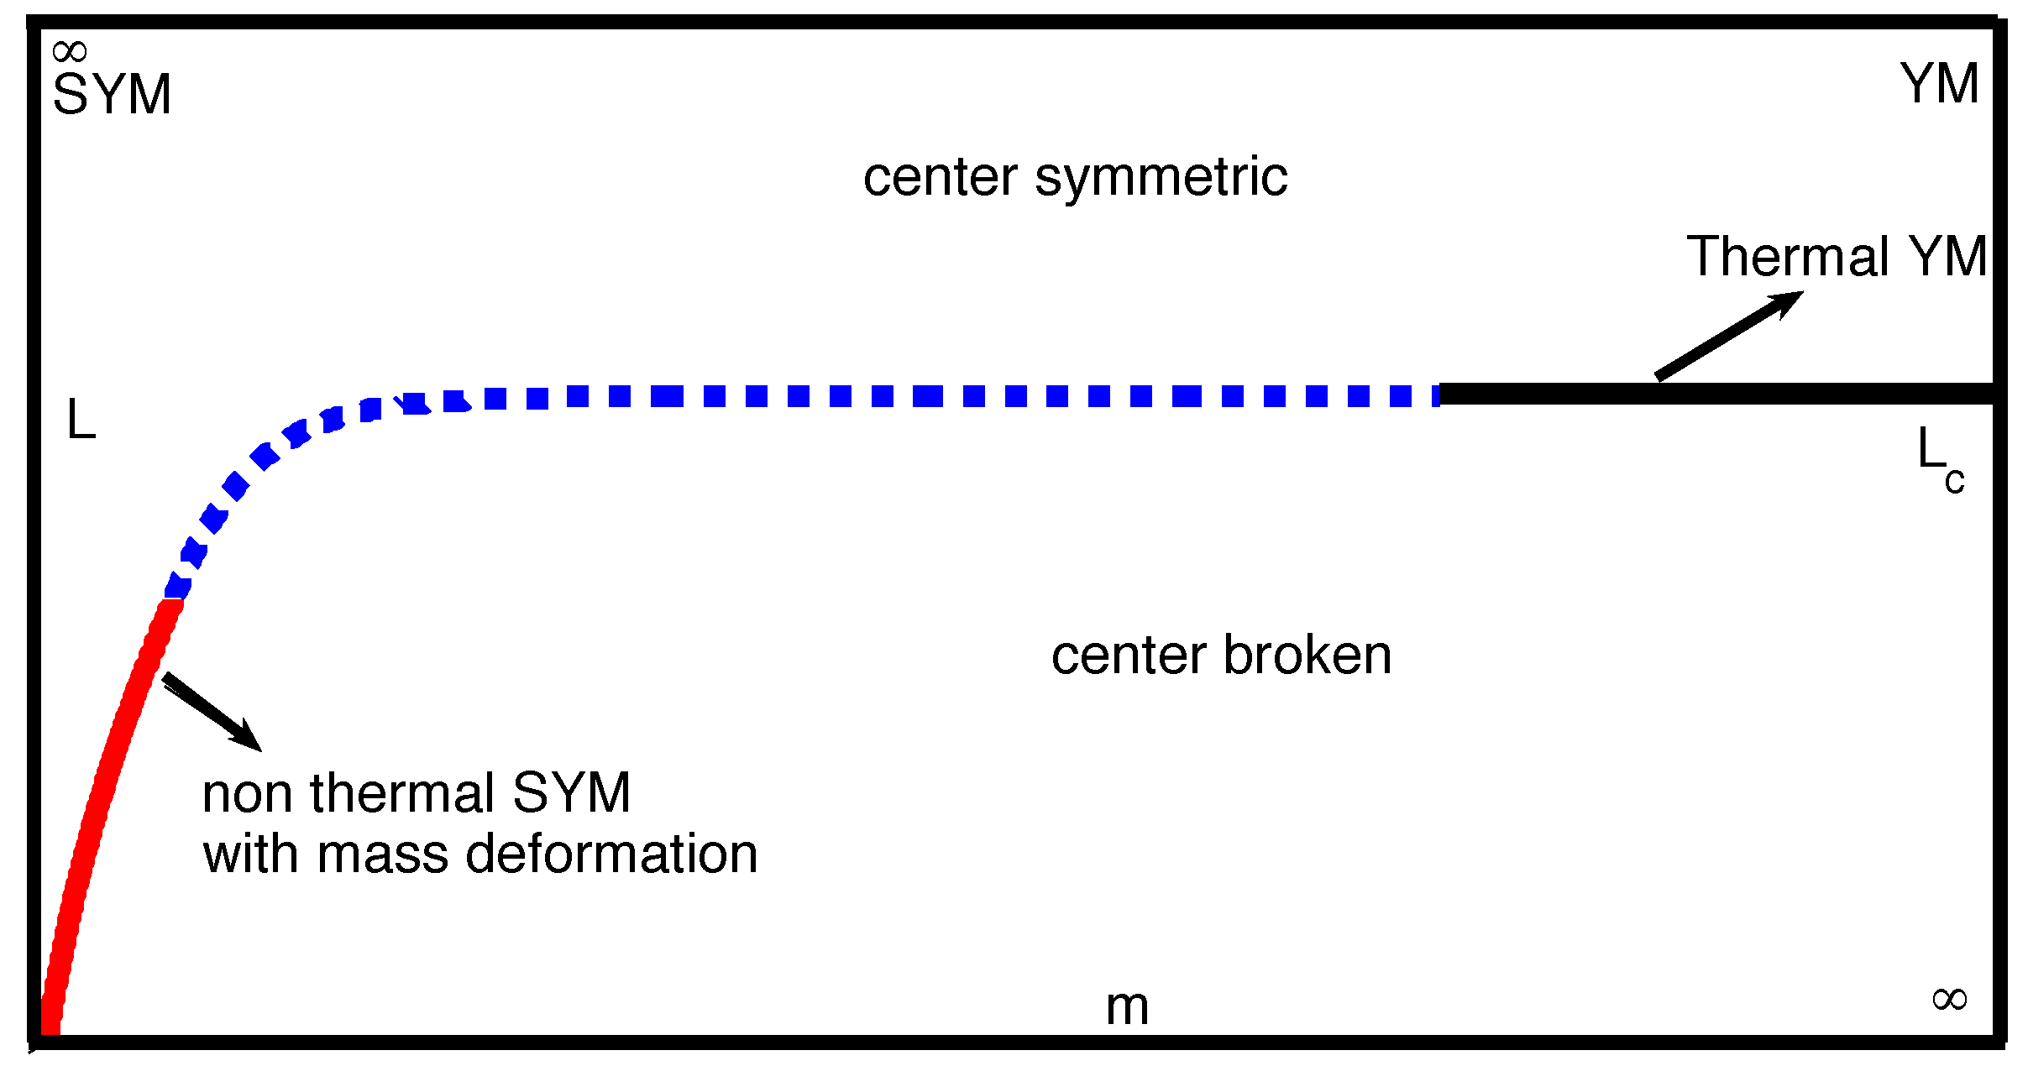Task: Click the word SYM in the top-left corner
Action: click(x=112, y=94)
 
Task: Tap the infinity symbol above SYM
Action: click(x=69, y=52)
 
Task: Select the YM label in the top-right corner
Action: click(x=1940, y=84)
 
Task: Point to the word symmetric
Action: click(x=1161, y=177)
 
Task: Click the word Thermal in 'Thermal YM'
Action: click(x=1788, y=256)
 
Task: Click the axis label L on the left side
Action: click(x=81, y=420)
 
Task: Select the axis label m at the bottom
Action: click(x=1127, y=1006)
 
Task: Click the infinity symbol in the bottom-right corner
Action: click(x=1950, y=999)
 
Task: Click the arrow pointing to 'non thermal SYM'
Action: click(x=212, y=711)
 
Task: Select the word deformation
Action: click(x=611, y=854)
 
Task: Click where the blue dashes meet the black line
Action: click(x=1439, y=395)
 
